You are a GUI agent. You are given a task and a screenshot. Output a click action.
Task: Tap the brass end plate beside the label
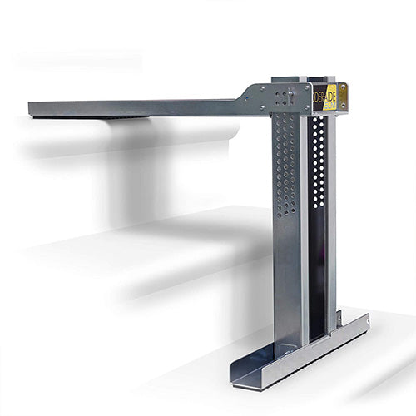click(x=342, y=97)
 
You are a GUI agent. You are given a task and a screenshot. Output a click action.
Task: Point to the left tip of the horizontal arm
click(x=31, y=109)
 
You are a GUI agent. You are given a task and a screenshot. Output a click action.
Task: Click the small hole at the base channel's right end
click(x=363, y=320)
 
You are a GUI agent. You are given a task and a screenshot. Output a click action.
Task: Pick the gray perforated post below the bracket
click(x=287, y=216)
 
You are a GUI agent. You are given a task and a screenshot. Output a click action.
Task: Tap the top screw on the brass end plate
click(x=343, y=87)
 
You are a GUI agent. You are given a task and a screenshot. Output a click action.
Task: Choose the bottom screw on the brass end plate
click(x=343, y=106)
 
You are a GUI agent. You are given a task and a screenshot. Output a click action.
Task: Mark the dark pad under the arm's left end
click(x=125, y=118)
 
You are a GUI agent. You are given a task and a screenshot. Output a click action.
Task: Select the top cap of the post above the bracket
click(x=287, y=80)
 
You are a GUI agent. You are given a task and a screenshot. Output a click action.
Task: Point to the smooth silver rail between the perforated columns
click(x=304, y=225)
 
